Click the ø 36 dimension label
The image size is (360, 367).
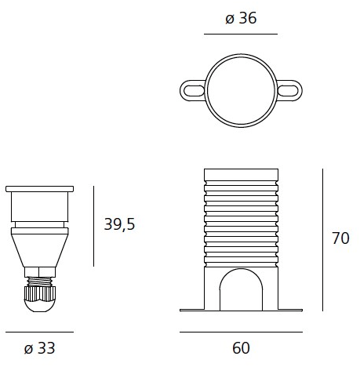pyautogui.click(x=240, y=18)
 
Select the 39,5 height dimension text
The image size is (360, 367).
pyautogui.click(x=119, y=224)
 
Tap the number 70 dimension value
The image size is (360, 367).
pyautogui.click(x=340, y=239)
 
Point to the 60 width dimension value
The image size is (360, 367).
pyautogui.click(x=241, y=347)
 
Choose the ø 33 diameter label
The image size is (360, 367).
pyautogui.click(x=39, y=347)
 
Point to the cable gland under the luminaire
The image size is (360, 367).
pyautogui.click(x=39, y=298)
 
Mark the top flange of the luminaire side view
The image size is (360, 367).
pyautogui.click(x=39, y=190)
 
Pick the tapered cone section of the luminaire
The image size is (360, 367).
pyautogui.click(x=39, y=248)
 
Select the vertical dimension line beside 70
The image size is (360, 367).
pyautogui.click(x=323, y=238)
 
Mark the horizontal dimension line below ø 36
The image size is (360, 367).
pyautogui.click(x=240, y=35)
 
